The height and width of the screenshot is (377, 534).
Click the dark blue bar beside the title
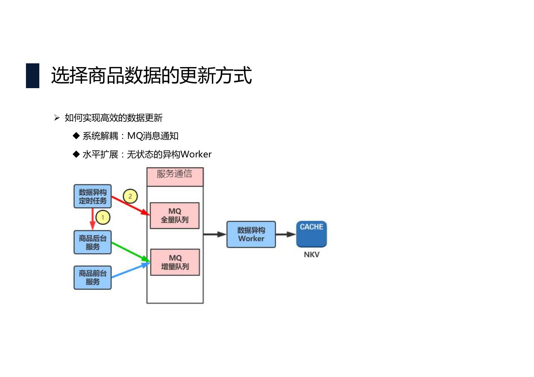pos(33,76)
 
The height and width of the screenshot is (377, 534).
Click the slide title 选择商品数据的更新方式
pos(151,76)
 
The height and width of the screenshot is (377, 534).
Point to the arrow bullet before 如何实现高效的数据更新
pos(57,118)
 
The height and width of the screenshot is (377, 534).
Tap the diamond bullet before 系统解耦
pos(76,136)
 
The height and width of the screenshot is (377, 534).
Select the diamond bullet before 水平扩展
pos(76,154)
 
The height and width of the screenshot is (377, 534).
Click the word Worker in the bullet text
pos(196,154)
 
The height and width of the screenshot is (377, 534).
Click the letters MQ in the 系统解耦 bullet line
pos(135,136)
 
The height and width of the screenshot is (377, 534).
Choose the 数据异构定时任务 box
pos(93,196)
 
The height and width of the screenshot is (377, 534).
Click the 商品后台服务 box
pos(93,242)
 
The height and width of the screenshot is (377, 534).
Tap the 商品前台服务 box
pos(93,277)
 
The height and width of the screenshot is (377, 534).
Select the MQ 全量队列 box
pos(175,215)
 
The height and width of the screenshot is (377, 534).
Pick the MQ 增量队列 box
pos(175,262)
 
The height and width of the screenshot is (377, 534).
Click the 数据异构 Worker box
pos(251,234)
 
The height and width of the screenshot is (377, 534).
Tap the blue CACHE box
pos(311,233)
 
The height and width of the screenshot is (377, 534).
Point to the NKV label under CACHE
pos(311,254)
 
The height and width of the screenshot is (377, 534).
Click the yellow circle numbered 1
pos(103,217)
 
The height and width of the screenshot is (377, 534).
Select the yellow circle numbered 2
pos(130,196)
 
